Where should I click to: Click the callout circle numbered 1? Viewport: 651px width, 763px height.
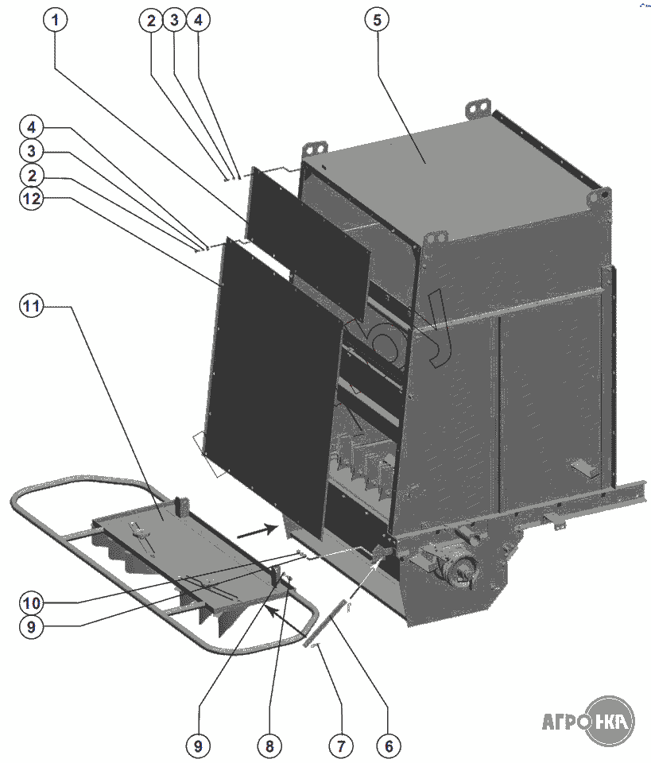coord(55,21)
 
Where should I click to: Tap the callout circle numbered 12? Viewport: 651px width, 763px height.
coord(32,199)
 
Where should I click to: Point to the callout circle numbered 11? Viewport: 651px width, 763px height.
coord(32,307)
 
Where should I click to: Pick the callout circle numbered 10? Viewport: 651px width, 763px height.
coord(32,601)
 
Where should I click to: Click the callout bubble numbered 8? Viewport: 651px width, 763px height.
coord(269,745)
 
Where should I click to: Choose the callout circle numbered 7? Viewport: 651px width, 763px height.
coord(340,745)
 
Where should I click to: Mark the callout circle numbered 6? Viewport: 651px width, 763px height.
coord(389,745)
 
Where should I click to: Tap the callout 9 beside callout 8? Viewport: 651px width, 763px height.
coord(199,745)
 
